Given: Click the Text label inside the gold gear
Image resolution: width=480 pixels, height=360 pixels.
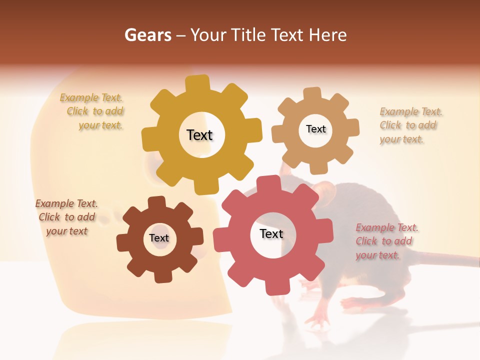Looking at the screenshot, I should (x=200, y=135).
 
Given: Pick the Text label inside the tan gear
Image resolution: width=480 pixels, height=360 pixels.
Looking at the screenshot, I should (x=315, y=129).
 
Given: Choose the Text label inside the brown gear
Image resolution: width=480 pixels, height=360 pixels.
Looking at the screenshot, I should (x=159, y=238).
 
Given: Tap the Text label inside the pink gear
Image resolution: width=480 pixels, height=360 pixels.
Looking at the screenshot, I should (x=271, y=233).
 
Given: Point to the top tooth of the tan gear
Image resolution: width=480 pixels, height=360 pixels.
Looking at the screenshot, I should (x=312, y=94).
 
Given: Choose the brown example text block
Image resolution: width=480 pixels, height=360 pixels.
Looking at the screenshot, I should (x=67, y=217).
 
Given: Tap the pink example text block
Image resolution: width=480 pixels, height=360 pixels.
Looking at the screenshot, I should (x=386, y=241).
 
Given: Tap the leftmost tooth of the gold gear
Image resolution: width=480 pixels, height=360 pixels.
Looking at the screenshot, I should (x=148, y=139).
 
